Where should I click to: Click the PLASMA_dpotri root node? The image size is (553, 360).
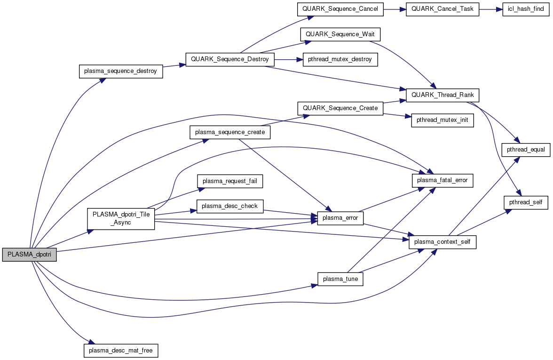point(30,254)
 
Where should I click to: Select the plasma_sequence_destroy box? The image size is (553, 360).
point(120,72)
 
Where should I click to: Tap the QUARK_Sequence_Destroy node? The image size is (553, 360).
point(230,60)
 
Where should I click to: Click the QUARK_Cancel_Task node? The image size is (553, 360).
point(442,9)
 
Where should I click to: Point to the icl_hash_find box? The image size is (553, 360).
point(525,9)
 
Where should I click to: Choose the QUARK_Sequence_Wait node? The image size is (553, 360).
point(340,34)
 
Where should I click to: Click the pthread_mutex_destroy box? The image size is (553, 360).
point(340,60)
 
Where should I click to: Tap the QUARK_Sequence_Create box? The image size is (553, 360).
point(340,108)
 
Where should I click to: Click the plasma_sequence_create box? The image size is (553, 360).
point(230,132)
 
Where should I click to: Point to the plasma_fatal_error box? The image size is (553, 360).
point(442,180)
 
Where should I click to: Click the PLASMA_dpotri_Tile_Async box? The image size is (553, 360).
point(121,218)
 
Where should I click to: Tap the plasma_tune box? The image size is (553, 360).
point(340,279)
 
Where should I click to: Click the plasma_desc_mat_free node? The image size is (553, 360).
point(121,351)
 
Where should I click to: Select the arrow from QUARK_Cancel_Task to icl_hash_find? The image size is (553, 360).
point(490,9)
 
